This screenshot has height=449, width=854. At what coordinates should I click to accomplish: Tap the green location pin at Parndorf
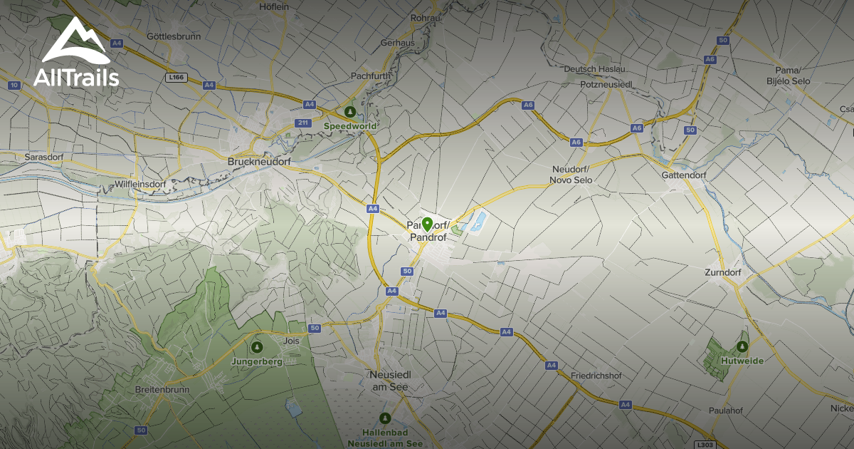[427, 224]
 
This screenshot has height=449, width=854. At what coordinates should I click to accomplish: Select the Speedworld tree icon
[349, 112]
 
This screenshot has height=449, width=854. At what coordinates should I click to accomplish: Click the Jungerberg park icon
[257, 347]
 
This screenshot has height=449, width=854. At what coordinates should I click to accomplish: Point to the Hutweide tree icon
[742, 347]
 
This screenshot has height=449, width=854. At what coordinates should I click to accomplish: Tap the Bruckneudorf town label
[260, 162]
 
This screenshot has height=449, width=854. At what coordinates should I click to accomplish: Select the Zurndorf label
[722, 273]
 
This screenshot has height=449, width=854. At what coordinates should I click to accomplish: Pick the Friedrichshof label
[596, 376]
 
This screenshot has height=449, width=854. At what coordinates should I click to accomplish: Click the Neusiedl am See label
[391, 381]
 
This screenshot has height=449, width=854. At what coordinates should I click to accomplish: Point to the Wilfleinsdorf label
[139, 184]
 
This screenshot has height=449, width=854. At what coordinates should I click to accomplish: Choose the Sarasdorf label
[44, 155]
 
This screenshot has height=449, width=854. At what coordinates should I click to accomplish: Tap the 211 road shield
[303, 123]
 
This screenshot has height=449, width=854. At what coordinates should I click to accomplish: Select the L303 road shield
[704, 443]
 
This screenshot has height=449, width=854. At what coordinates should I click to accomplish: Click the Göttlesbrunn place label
[173, 36]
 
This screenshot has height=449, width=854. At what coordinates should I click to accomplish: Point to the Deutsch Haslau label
[594, 69]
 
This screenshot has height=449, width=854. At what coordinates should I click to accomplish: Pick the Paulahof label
[726, 411]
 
